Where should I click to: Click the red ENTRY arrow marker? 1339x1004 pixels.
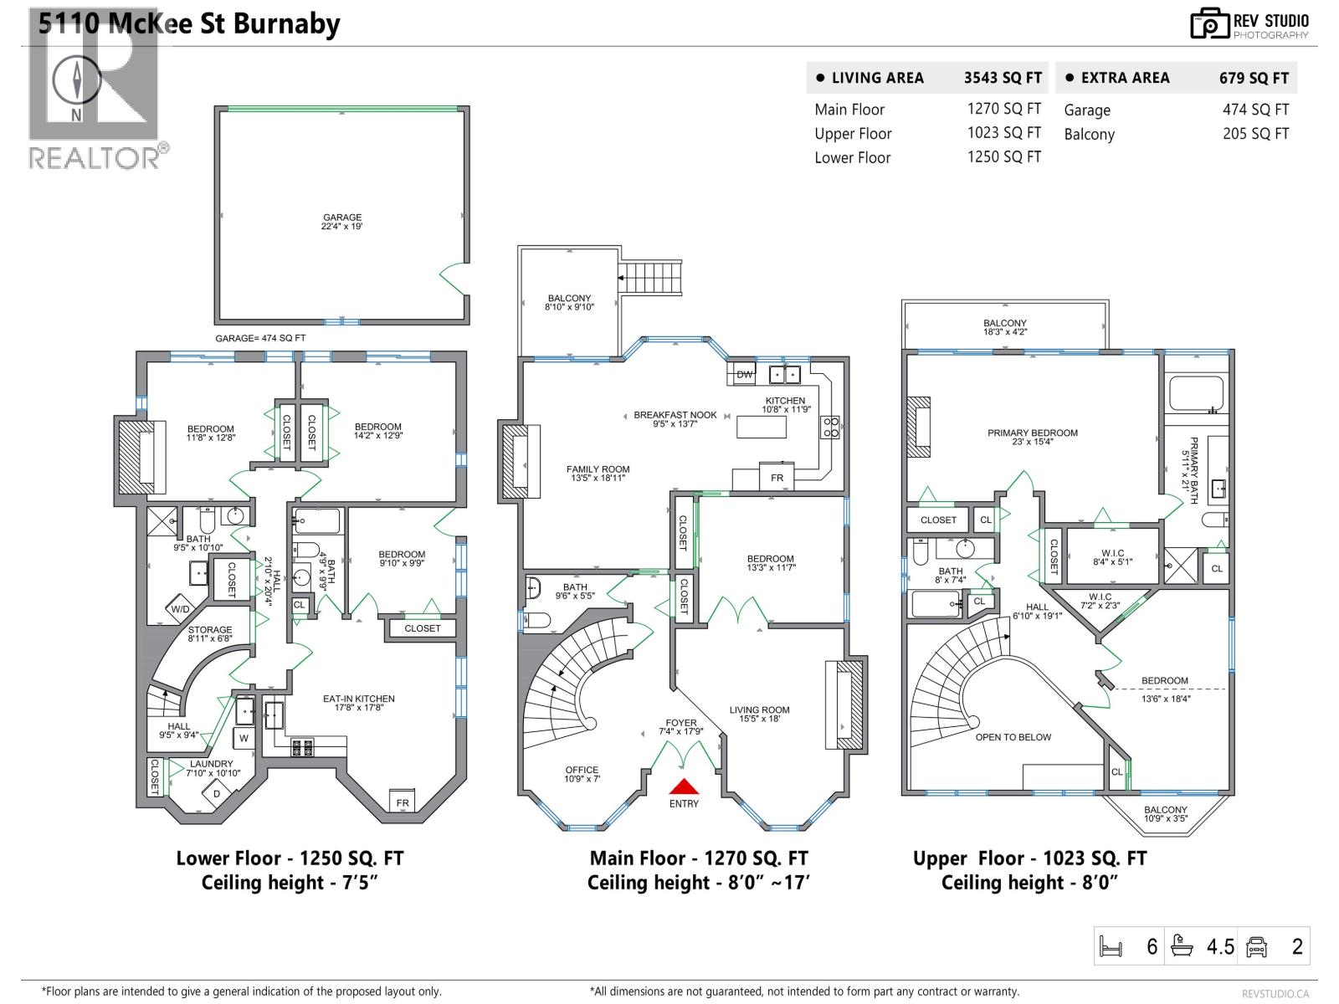point(684,786)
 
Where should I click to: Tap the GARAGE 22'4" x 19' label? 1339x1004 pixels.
point(342,222)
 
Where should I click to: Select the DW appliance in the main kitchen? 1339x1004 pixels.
point(744,374)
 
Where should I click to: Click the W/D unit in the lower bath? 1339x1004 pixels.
point(180,609)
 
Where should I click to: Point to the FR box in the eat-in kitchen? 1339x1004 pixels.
point(403,802)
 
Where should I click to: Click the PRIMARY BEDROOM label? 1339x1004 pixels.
point(1032,437)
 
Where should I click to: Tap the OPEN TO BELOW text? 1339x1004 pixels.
point(1013,737)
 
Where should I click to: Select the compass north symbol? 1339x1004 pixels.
point(77,83)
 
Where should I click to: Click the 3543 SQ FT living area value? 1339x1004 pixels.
point(1003,78)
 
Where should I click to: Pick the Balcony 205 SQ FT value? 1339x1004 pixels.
point(1255,134)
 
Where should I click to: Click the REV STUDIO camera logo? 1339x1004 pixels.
point(1209,23)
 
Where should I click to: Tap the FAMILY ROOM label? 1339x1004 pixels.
point(598,474)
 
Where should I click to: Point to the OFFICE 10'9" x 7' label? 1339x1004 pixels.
point(582,774)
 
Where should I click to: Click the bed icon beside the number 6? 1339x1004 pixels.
point(1111,946)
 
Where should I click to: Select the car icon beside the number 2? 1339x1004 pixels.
point(1257,946)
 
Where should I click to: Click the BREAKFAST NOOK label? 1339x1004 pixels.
point(675,419)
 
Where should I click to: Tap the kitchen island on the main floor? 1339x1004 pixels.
point(761,427)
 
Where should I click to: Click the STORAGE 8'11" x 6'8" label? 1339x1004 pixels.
point(209,634)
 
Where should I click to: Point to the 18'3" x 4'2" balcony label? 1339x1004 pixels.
point(1004,327)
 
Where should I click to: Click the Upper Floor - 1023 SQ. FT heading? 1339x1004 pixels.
point(1029,858)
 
